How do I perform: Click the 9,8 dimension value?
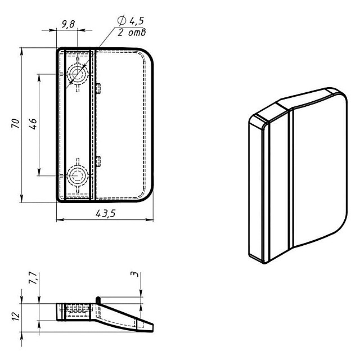click(x=68, y=24)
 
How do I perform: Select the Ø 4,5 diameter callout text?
click(x=130, y=21)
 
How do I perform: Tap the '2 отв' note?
click(x=132, y=33)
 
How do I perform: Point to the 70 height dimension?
click(x=16, y=123)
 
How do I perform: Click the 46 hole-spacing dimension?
click(x=33, y=124)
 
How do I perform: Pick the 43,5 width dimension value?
click(x=106, y=214)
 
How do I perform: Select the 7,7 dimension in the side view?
click(x=33, y=278)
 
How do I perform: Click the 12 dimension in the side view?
click(x=16, y=316)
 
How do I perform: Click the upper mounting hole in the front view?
click(x=78, y=74)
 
